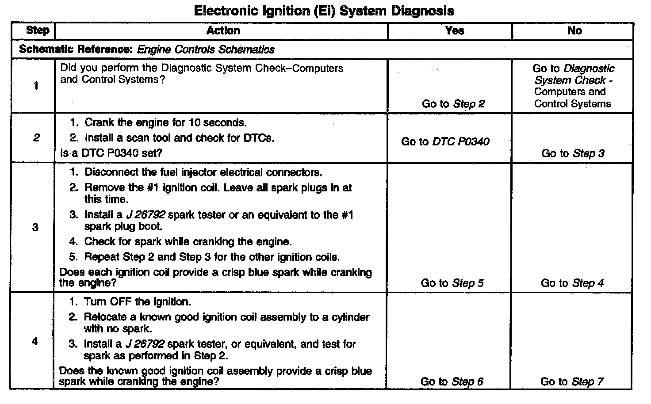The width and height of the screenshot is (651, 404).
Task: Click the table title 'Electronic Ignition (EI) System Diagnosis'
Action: [x=324, y=11]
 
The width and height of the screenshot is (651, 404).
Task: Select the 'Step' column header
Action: [x=38, y=30]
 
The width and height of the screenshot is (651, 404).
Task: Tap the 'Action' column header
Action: [x=223, y=30]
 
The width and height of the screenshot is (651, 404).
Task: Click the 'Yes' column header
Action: [x=454, y=30]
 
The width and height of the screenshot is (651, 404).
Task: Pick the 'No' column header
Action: [x=574, y=30]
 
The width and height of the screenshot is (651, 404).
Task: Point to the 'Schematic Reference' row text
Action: [x=146, y=50]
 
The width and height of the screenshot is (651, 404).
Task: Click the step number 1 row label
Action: [x=35, y=86]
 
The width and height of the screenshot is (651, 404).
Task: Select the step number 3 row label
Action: [x=35, y=227]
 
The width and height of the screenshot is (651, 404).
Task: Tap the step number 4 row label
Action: [x=35, y=341]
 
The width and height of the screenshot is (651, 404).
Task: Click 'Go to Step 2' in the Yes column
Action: [x=453, y=104]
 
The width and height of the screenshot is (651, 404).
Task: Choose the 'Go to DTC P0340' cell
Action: [x=445, y=141]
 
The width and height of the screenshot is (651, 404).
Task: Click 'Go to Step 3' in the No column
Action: [x=573, y=153]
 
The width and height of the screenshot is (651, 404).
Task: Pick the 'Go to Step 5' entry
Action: [x=452, y=283]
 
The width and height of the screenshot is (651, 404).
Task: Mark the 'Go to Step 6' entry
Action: [x=452, y=381]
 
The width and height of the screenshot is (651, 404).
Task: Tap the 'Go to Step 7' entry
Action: [x=572, y=381]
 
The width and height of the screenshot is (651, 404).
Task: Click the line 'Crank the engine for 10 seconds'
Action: [x=165, y=122]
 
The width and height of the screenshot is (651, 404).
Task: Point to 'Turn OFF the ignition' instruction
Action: [x=137, y=302]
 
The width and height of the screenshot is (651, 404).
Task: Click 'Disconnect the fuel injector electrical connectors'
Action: [x=203, y=172]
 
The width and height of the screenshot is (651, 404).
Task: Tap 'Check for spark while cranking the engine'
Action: [x=188, y=242]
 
